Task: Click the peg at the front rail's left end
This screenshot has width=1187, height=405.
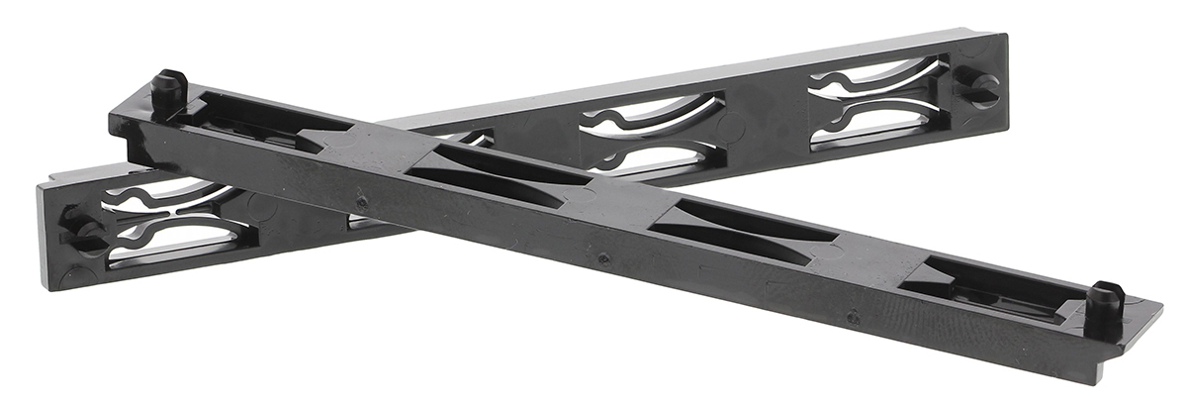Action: tap(169, 87)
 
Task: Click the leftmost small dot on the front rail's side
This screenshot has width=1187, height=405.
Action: tap(362, 202)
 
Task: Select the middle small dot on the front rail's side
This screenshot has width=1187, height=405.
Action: tap(603, 258)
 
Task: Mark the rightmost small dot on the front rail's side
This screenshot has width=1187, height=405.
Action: tap(854, 317)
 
